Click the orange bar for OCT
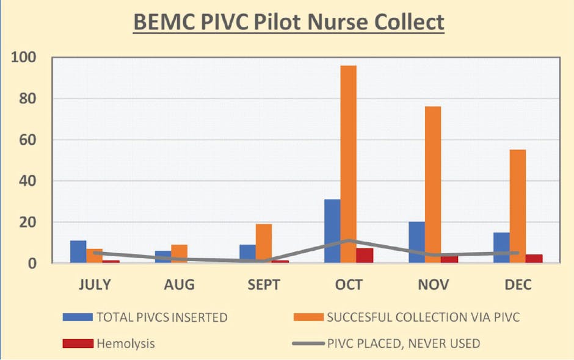click(349, 164)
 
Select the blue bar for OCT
click(332, 231)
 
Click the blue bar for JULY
click(78, 252)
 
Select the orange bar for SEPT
click(264, 243)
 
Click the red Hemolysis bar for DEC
click(534, 259)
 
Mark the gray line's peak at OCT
click(349, 240)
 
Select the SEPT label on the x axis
click(264, 284)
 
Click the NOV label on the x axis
click(434, 284)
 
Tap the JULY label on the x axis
click(95, 284)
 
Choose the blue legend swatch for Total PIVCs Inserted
click(78, 317)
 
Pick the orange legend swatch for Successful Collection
click(308, 317)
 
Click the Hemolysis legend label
click(125, 344)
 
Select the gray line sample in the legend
click(308, 344)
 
